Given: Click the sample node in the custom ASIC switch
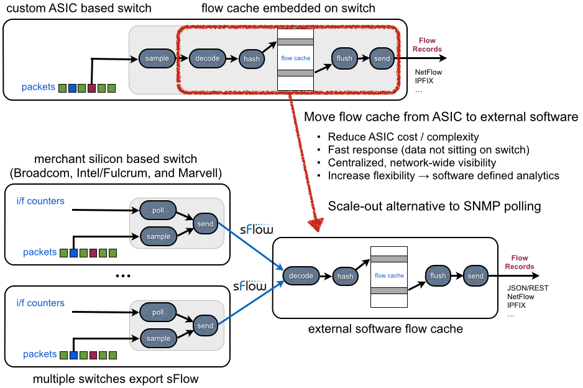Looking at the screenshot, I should [157, 58].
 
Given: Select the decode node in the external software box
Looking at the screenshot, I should [301, 275].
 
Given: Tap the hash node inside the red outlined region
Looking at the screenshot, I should [252, 59].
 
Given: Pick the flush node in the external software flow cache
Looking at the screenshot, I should [438, 275].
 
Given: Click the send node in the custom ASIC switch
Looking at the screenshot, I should [382, 58].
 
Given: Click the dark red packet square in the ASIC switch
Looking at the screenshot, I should [92, 88].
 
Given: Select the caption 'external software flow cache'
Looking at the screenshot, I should [385, 328].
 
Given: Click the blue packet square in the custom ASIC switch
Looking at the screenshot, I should [72, 88].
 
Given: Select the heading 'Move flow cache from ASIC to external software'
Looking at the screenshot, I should [441, 117].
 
